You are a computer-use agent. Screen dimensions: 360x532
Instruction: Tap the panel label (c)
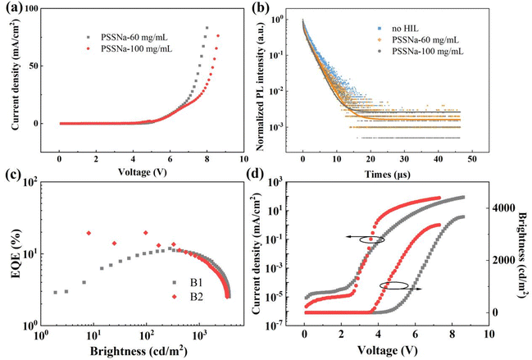(x=16, y=185)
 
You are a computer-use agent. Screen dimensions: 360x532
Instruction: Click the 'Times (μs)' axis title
(x=403, y=175)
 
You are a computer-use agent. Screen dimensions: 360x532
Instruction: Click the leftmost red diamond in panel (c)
(x=89, y=234)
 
